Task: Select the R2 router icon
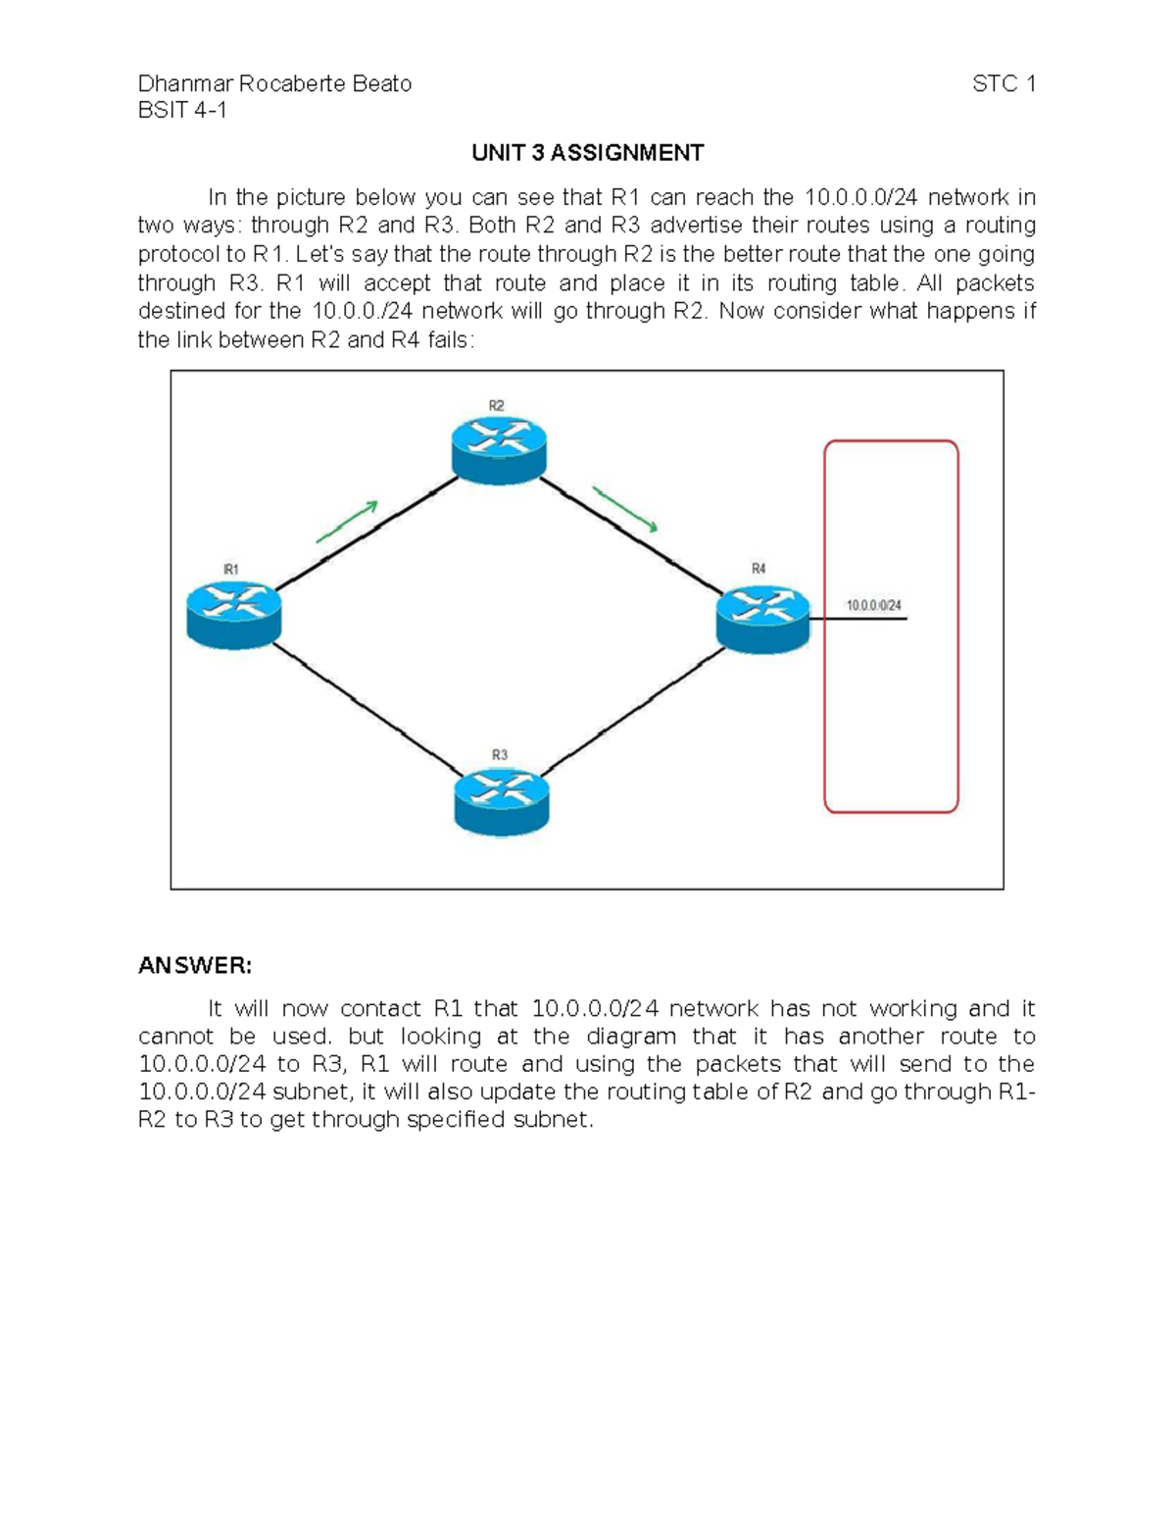pos(499,449)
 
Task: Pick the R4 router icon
pos(762,618)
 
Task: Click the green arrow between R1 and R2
pos(347,522)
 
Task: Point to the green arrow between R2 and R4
pos(624,510)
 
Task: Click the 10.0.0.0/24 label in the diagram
pos(874,606)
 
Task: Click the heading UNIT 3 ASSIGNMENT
pos(587,153)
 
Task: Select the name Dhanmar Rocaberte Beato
pos(274,84)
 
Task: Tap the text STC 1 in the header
pos(1004,84)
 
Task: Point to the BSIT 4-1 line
pos(182,111)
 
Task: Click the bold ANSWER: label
pos(195,966)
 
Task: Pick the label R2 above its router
pos(497,406)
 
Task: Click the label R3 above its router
pos(500,755)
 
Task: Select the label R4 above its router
pos(759,569)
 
